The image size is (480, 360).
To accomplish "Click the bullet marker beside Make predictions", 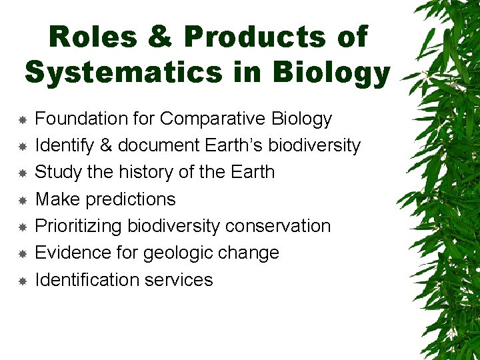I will [22, 200].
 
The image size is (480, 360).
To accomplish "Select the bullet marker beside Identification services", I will [22, 281].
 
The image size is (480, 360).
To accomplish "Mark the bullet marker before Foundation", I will [22, 119].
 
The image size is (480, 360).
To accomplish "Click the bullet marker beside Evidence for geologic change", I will [22, 254].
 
